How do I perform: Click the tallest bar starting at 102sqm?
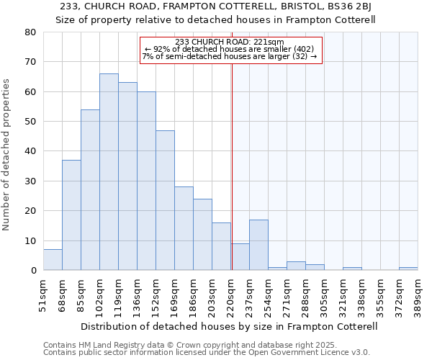point(109,172)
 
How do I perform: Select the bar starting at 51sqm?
point(53,260)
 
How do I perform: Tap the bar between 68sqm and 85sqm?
point(71,215)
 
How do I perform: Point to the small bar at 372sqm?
point(408,269)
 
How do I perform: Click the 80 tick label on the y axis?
point(30,32)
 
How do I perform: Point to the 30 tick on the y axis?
point(30,181)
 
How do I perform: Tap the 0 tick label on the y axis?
point(33,271)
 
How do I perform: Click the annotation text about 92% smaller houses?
point(230,48)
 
